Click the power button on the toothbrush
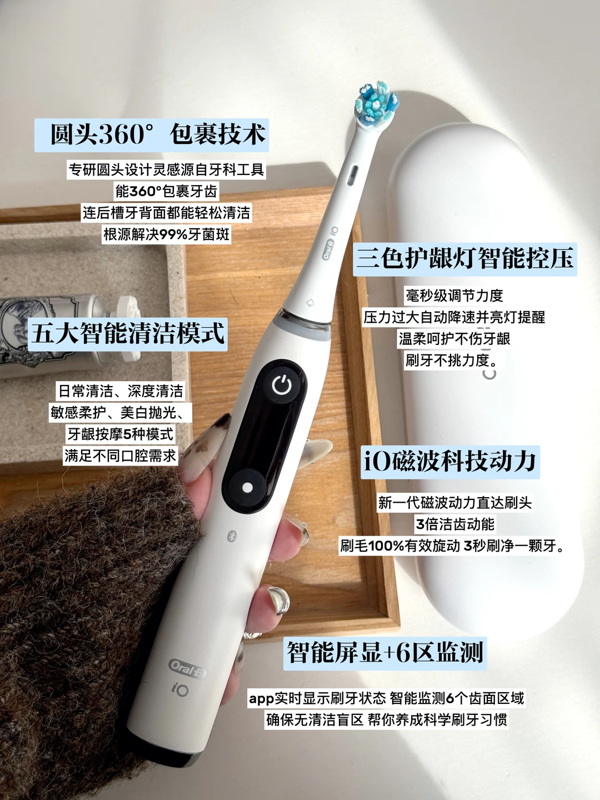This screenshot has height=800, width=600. pos(282,384)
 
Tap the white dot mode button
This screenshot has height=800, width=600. pos(248,487)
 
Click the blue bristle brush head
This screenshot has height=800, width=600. pos(376,103)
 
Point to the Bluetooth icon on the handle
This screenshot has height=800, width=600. pos(232,536)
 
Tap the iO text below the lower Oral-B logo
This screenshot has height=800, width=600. pos(181,691)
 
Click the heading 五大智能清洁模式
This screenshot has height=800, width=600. pos(128,334)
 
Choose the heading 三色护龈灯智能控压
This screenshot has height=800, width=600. pos(464,259)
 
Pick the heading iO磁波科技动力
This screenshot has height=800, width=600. pos(450,462)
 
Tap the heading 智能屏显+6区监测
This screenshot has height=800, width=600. pos(385,653)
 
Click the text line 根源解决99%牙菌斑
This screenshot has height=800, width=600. pos(167,234)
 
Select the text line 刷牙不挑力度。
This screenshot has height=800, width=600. pos(452,361)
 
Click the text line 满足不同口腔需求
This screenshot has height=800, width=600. pos(121,456)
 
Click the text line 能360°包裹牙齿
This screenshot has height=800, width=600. pos(167,191)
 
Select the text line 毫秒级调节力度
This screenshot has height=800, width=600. pos(454,295)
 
